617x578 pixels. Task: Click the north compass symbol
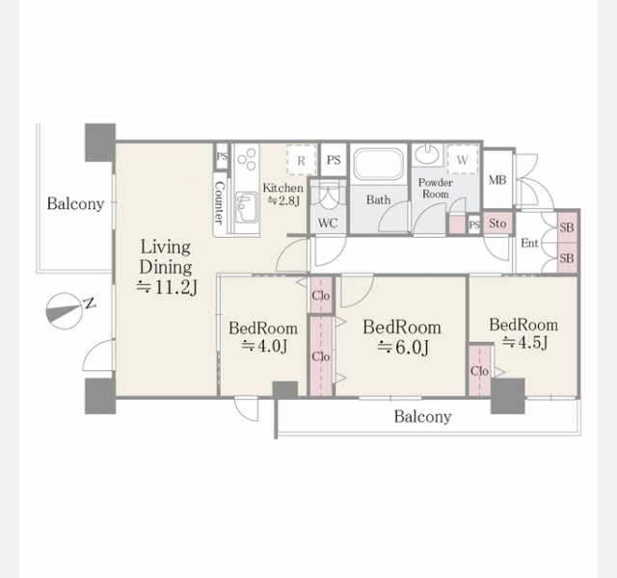pos(65,310)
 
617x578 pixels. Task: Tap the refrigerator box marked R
pos(302,160)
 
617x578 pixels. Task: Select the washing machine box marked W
pos(463,159)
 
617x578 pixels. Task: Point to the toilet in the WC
pos(328,196)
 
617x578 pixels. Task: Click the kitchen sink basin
pos(245,205)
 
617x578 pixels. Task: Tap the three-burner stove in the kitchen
pos(247,159)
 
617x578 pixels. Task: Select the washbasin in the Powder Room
pos(427,153)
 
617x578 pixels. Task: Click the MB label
pos(497,180)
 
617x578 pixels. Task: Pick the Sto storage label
pos(497,223)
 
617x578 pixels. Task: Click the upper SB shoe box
pos(567,227)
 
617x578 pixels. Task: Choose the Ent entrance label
pos(529,244)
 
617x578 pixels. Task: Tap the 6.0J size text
pos(403,348)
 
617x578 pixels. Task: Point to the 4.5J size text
pos(524,343)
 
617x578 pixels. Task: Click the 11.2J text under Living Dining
pos(167,288)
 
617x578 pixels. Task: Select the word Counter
pos(220,202)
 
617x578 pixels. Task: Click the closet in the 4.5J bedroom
pos(480,370)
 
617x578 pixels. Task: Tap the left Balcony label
pos(75,203)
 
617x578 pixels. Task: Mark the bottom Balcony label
pos(422,416)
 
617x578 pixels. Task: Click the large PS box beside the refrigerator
pos(334,160)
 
